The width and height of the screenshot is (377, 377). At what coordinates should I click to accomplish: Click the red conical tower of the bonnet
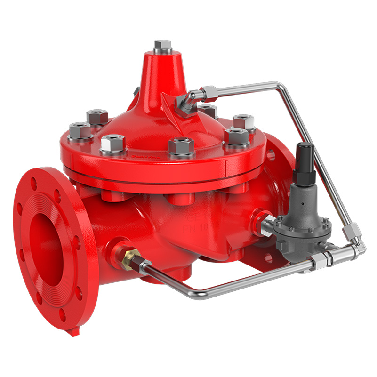pos(163,75)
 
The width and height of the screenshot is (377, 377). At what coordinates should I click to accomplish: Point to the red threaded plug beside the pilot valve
pos(258,217)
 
